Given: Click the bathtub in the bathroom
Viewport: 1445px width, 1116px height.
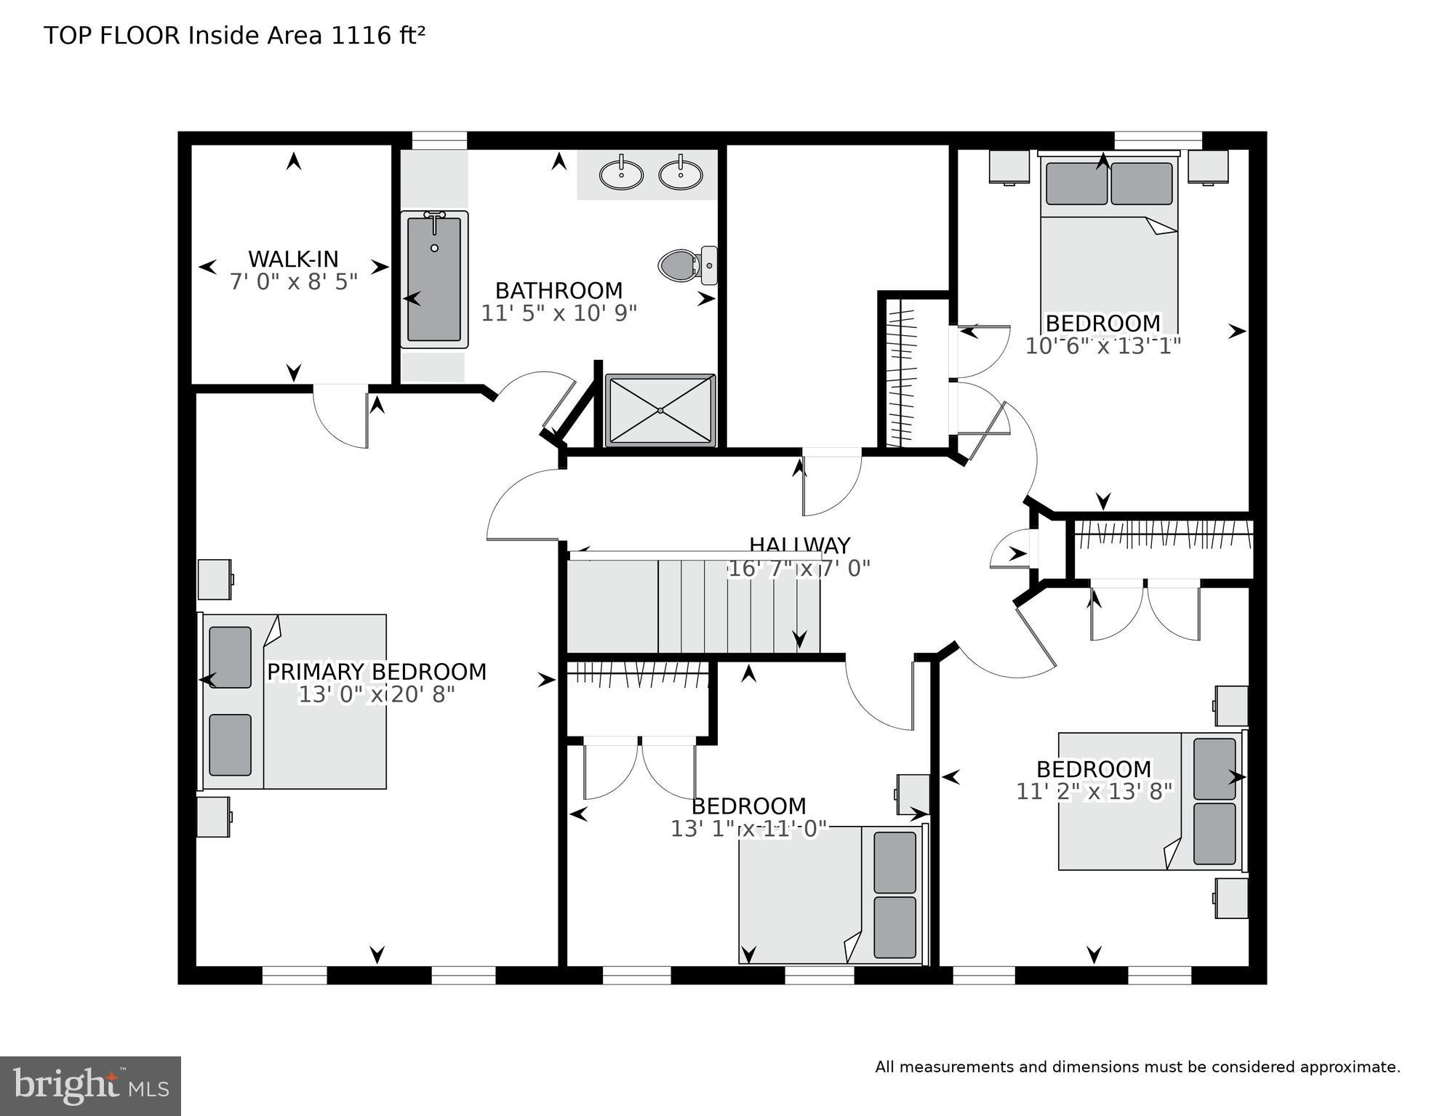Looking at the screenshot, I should tap(434, 279).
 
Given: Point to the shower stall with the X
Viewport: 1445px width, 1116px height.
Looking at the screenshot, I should tap(660, 410).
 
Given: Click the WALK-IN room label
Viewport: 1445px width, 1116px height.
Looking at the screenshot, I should tap(293, 259).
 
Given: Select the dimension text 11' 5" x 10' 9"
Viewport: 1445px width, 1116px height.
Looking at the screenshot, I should tap(559, 313).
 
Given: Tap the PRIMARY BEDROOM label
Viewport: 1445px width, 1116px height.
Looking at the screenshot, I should tap(376, 672).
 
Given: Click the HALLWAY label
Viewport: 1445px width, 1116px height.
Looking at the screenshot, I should tap(799, 545).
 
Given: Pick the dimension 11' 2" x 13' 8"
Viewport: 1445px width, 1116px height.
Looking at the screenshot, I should tap(1094, 791).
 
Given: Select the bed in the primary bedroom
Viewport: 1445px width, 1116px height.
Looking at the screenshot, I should tap(294, 702).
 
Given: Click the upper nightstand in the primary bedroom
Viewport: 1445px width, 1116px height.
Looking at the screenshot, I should tap(215, 579).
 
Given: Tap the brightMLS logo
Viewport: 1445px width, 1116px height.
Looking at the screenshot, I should tap(90, 1085).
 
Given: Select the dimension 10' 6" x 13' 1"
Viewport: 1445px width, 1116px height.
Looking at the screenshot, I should tap(1102, 346).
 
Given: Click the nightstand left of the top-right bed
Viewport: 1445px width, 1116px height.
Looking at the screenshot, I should tap(1009, 167).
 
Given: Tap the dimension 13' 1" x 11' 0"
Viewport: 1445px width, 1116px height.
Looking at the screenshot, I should tap(748, 829).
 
